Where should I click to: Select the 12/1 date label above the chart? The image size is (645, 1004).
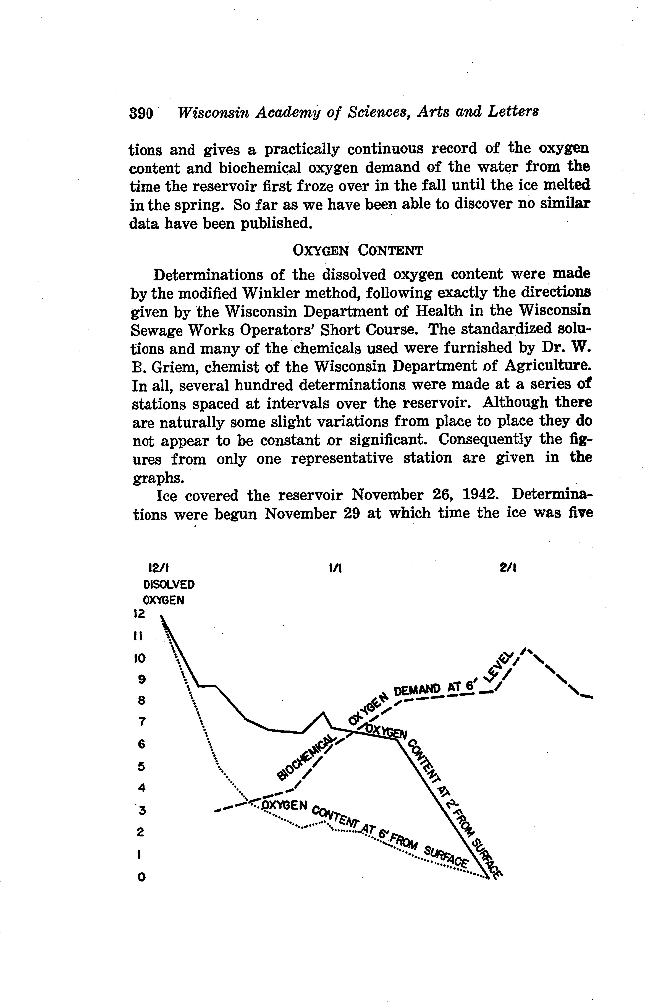[159, 568]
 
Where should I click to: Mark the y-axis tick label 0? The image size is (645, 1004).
[141, 877]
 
